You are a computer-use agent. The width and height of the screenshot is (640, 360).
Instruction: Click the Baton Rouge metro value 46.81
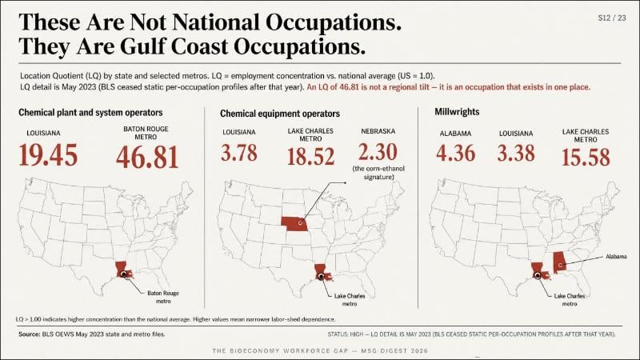point(147,158)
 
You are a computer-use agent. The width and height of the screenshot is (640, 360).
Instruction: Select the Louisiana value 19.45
point(48,155)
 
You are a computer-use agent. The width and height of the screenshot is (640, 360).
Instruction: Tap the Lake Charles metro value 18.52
point(310,156)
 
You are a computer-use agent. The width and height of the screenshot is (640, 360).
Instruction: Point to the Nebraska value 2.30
point(378,152)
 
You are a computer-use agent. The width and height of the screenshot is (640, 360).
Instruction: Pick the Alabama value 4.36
point(455,153)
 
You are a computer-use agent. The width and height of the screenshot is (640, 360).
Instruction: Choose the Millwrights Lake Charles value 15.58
point(586,157)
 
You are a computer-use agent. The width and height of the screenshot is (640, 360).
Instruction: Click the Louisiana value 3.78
point(239,153)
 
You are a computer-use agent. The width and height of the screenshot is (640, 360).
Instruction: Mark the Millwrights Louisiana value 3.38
point(516,153)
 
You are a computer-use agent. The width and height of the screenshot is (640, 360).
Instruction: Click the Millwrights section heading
point(457,112)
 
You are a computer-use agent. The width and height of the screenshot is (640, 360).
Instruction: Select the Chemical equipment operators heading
point(280,114)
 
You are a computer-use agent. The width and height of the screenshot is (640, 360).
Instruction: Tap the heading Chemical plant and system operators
point(90,112)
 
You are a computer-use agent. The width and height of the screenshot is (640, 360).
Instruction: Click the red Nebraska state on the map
point(294,224)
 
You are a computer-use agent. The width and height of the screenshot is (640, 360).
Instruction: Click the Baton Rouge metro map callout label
point(163,297)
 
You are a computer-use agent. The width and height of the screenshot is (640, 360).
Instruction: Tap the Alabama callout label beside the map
point(616,256)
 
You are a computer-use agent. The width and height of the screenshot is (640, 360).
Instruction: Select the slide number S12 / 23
point(612,18)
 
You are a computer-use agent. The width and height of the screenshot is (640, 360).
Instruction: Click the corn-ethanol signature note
point(378,173)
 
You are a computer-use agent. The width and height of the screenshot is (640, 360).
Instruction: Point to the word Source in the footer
point(30,334)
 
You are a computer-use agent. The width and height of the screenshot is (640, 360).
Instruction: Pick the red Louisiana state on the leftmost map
point(123,270)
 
